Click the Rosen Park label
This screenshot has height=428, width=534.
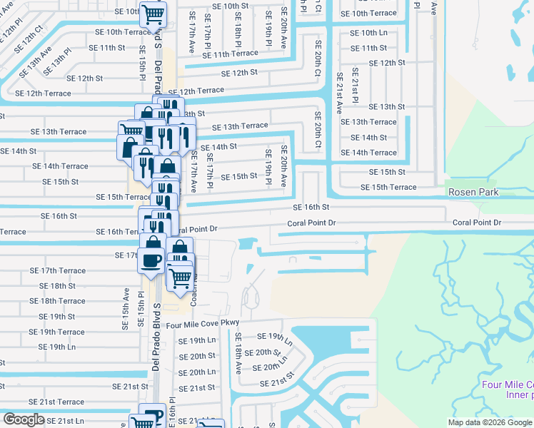[474, 193]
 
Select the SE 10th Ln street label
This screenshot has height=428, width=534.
[368, 33]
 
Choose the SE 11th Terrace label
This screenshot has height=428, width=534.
[230, 53]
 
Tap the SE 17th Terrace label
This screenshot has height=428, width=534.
[57, 271]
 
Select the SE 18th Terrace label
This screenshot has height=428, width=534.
[57, 301]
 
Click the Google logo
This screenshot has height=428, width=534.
[24, 419]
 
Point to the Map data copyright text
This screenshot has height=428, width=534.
[489, 422]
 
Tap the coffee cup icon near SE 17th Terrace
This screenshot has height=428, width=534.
[152, 260]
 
